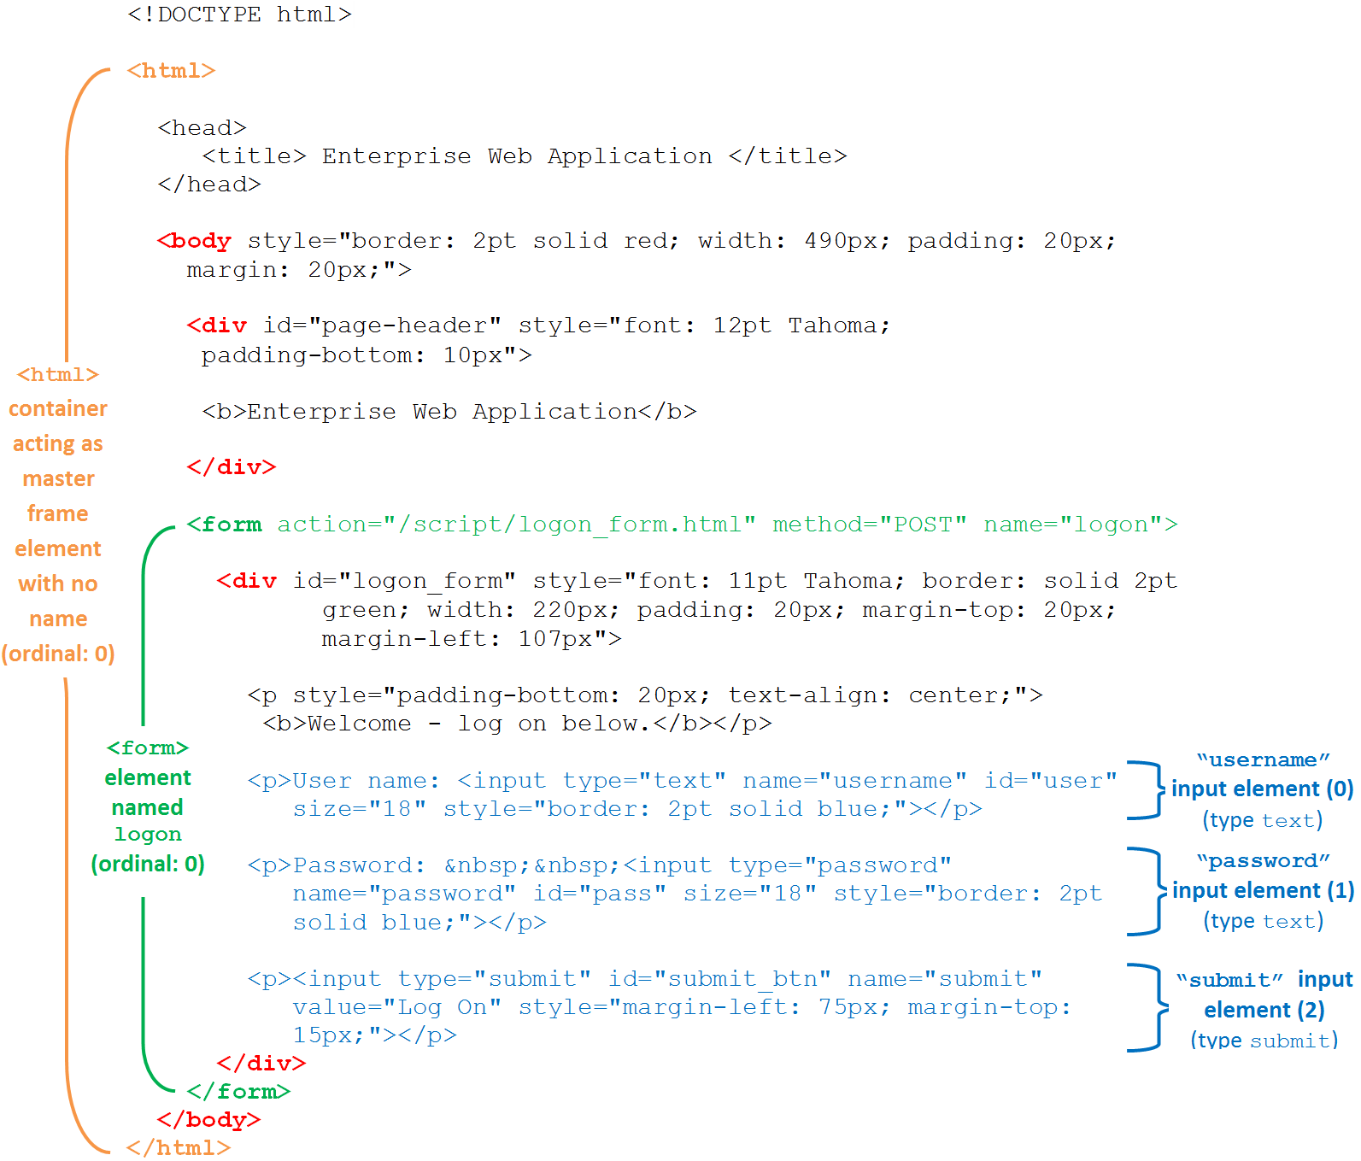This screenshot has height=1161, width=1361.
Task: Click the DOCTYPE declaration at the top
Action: pyautogui.click(x=239, y=15)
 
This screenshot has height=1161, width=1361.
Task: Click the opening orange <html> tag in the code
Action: pyautogui.click(x=171, y=71)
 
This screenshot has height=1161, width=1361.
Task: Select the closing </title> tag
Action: pyautogui.click(x=788, y=156)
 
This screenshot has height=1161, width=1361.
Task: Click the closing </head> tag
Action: pyautogui.click(x=209, y=185)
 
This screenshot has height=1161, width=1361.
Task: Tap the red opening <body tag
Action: pyautogui.click(x=195, y=241)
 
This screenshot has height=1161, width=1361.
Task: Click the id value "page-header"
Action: pyautogui.click(x=405, y=325)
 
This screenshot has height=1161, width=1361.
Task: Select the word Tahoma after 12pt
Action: pyautogui.click(x=838, y=325)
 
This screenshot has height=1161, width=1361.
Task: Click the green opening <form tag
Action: pyautogui.click(x=225, y=525)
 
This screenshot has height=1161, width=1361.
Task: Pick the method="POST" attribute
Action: pyautogui.click(x=869, y=525)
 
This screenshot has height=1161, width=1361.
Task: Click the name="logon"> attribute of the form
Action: pyautogui.click(x=1080, y=525)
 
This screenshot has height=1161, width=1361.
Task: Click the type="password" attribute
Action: pyautogui.click(x=840, y=865)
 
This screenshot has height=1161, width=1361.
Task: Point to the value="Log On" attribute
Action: pyautogui.click(x=396, y=1007)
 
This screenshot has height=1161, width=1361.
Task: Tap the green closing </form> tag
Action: pyautogui.click(x=239, y=1092)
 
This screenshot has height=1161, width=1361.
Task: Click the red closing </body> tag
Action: pyautogui.click(x=209, y=1120)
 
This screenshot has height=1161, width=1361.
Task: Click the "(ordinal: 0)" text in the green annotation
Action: pyautogui.click(x=148, y=864)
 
